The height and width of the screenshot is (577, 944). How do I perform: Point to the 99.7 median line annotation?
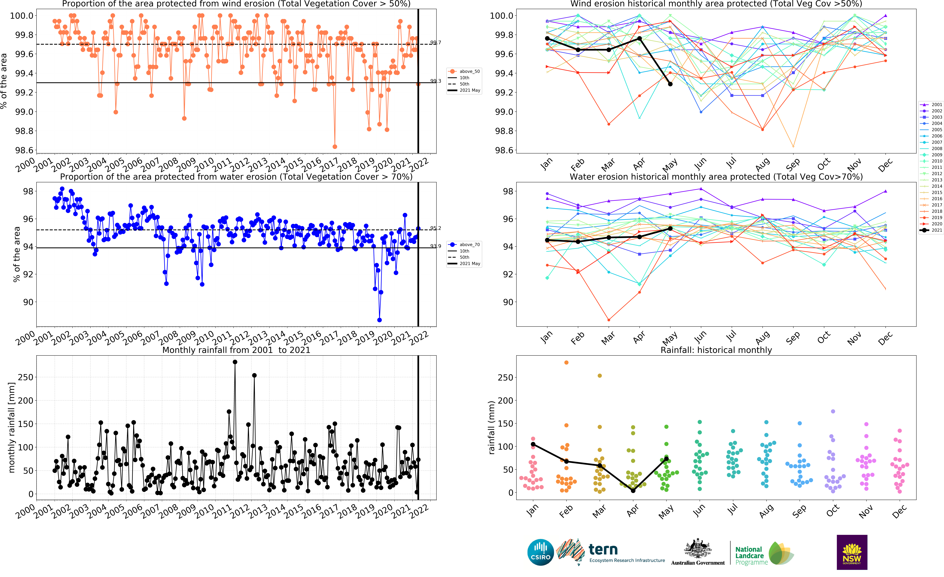point(436,43)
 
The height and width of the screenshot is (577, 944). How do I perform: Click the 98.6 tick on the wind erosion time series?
point(24,150)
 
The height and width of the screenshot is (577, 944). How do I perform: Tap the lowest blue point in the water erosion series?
point(379,320)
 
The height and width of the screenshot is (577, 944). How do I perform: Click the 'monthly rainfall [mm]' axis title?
point(11,427)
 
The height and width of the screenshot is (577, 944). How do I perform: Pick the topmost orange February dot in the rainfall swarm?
point(566,362)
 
